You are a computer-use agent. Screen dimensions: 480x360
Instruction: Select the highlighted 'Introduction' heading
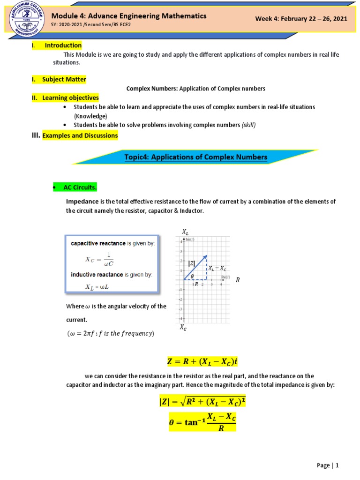63,45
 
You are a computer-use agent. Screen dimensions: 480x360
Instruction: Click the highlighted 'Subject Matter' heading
64,79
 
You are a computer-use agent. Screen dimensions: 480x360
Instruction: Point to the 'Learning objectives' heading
70,97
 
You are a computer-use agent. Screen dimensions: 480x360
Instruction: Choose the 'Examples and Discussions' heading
80,135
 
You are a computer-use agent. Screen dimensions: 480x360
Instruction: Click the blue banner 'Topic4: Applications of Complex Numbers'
195,157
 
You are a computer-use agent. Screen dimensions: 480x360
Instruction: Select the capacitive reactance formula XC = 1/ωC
99,258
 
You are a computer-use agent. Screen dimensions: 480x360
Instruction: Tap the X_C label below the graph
183,329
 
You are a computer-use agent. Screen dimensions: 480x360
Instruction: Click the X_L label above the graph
186,232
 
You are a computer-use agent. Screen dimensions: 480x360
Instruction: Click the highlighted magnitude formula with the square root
202,403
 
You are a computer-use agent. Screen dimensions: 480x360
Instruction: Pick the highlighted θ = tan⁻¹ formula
202,422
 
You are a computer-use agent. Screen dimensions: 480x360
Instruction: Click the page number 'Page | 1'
327,465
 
